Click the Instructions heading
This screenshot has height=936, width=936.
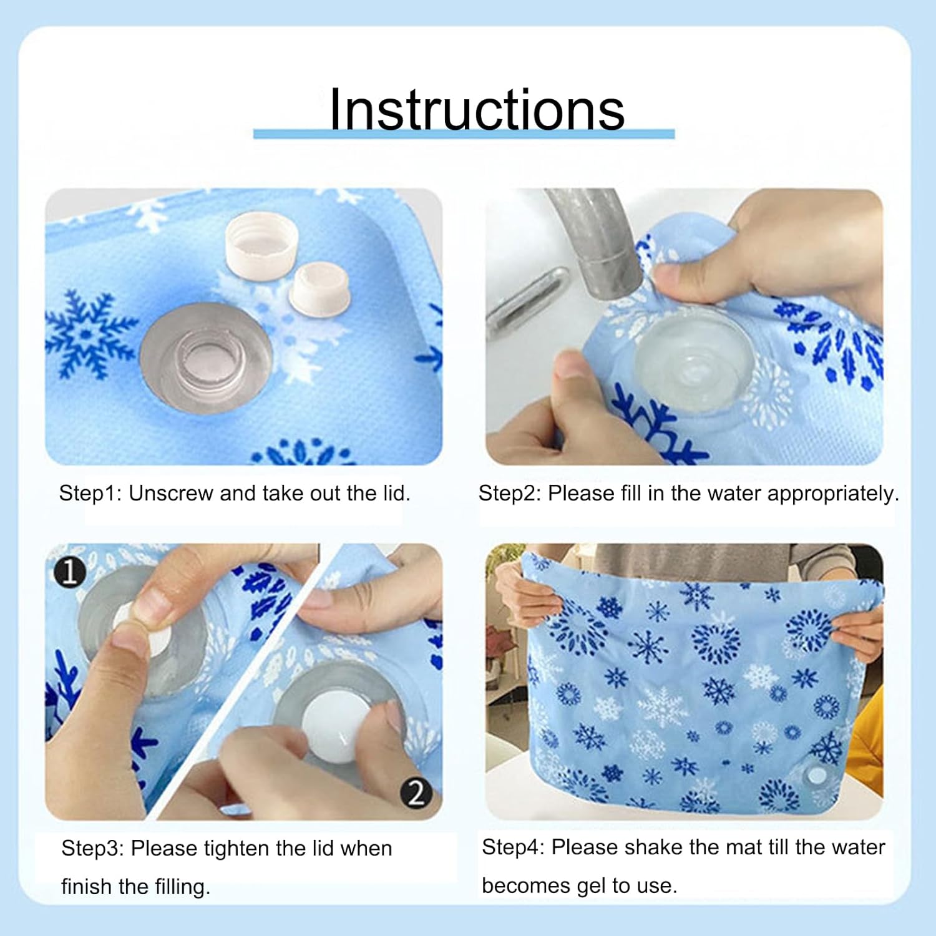(477, 109)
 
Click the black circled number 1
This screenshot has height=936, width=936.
(69, 572)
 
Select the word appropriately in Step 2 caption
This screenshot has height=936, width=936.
(833, 494)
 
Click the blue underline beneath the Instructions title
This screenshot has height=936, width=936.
(464, 134)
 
